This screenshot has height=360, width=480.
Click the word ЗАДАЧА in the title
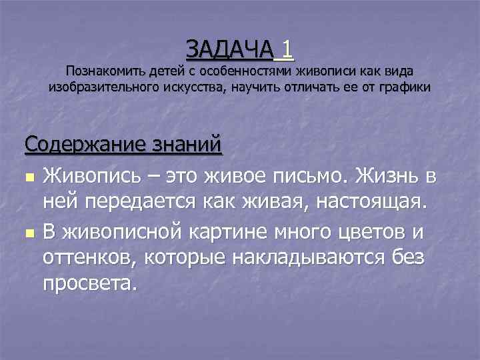click(229, 48)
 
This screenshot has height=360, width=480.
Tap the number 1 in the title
click(287, 48)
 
